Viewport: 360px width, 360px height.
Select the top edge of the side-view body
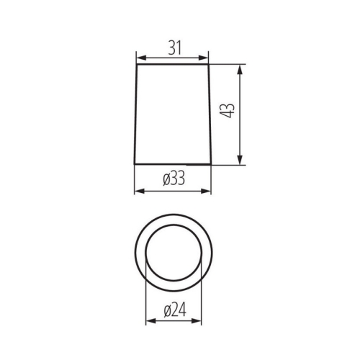tap(173, 66)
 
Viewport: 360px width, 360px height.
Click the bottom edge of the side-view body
tap(173, 163)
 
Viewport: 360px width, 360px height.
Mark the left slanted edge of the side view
tap(136, 115)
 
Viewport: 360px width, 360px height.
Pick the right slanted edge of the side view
tap(210, 115)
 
